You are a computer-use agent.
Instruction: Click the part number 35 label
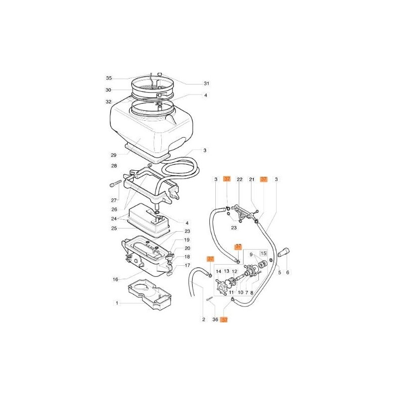[108, 78]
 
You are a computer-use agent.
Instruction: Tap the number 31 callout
[206, 83]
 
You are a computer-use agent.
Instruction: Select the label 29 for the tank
[114, 155]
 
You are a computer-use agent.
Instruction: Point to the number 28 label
[114, 166]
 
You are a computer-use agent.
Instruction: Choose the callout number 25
[114, 228]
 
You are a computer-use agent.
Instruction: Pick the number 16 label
[115, 279]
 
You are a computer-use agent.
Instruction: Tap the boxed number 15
[263, 253]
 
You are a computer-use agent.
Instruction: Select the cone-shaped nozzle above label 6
[284, 252]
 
